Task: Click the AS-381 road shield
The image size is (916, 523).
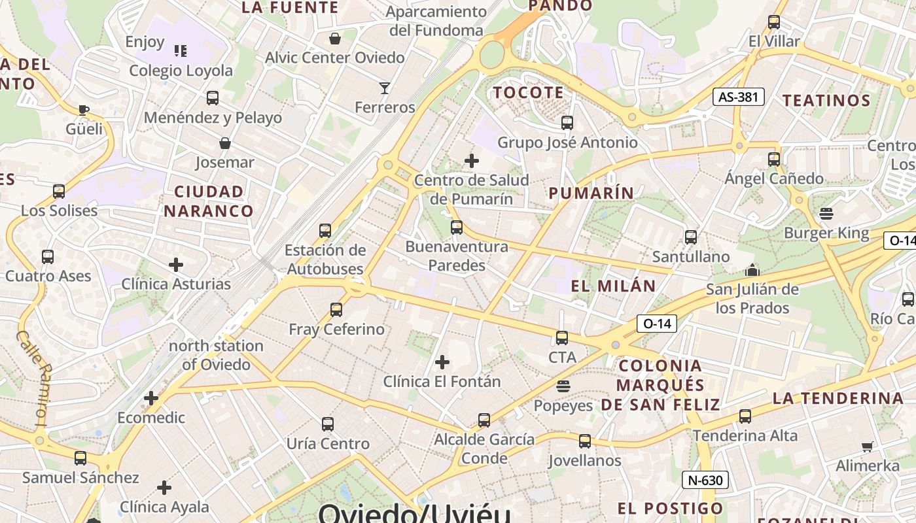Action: [739, 97]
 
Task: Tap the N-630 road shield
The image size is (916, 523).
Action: [705, 481]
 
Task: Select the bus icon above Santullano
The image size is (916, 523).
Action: [691, 237]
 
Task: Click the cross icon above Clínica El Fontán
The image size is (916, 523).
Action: [442, 362]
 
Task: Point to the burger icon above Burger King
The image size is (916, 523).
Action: [826, 214]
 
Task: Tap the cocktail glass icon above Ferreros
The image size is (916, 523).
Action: [385, 88]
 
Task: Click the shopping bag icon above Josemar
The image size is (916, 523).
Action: [225, 143]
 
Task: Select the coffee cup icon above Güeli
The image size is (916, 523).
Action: [83, 110]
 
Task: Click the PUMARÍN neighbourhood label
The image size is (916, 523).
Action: [591, 193]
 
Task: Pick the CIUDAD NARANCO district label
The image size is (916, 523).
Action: [208, 201]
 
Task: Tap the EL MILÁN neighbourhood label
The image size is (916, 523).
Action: [613, 286]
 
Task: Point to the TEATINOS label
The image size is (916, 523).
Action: [826, 101]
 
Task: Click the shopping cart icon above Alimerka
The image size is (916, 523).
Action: [868, 447]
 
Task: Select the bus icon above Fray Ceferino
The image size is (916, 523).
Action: [336, 310]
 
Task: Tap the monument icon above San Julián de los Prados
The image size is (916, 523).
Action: [752, 270]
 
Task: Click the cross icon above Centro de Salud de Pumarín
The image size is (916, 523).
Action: [471, 161]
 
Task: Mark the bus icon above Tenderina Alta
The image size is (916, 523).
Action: [745, 416]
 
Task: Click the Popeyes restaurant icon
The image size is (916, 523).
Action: [563, 387]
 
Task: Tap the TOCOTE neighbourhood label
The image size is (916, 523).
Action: [528, 93]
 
